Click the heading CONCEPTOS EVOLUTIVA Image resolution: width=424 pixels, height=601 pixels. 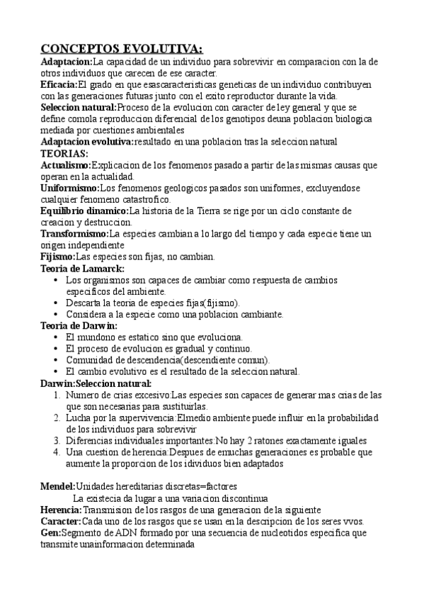pos(121,49)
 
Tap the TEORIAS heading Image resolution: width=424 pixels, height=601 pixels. pos(64,153)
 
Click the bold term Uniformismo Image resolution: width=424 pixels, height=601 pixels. pos(70,188)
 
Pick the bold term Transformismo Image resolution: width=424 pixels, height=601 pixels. pos(74,233)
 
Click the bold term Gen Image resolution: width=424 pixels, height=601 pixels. pos(51,532)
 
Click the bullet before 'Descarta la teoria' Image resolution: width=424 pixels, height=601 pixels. pos(56,303)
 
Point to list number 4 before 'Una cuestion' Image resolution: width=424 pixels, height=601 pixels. pos(57,451)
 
